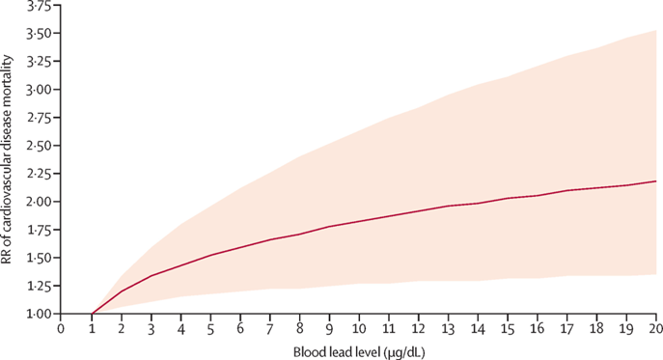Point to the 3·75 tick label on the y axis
tap(38, 7)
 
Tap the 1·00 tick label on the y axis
tap(38, 315)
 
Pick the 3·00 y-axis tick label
tap(38, 91)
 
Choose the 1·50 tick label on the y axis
tap(38, 259)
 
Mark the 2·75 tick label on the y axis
tap(38, 119)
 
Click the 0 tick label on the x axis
tap(61, 327)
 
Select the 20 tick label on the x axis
tap(657, 327)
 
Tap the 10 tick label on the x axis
tap(359, 327)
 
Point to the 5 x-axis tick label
tap(210, 327)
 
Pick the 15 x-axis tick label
tap(508, 327)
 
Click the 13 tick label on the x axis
tap(449, 327)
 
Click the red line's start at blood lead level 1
tap(91, 314)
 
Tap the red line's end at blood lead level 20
tap(657, 181)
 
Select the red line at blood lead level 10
tap(359, 221)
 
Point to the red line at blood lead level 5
tap(210, 255)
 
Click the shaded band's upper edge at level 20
tap(657, 30)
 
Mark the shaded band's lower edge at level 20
tap(657, 274)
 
